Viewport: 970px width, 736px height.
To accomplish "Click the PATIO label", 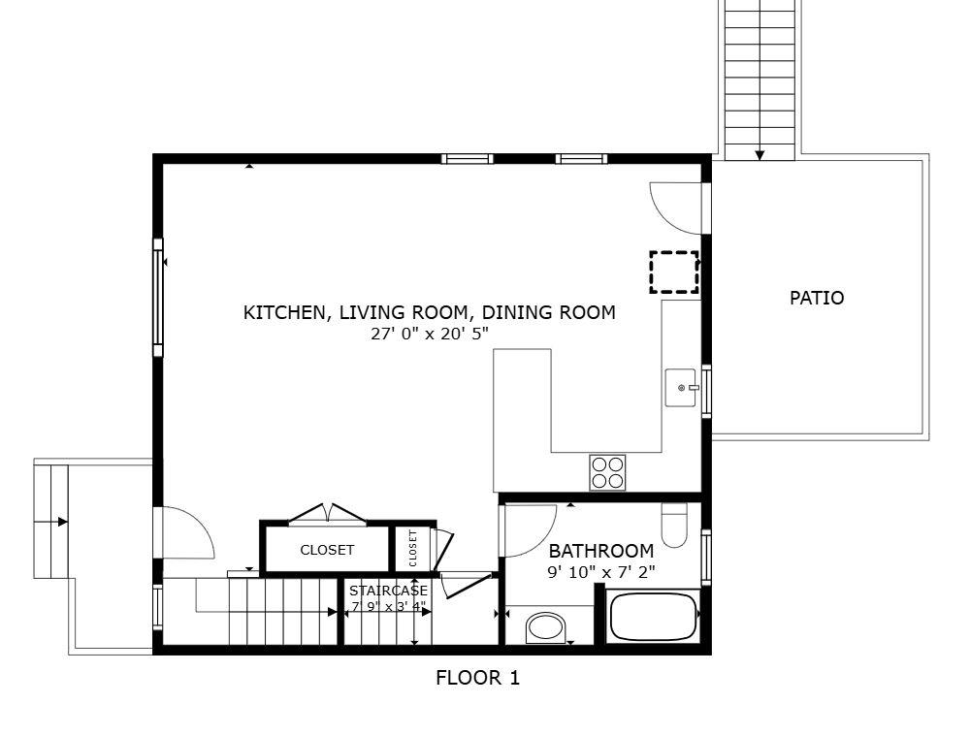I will (816, 298).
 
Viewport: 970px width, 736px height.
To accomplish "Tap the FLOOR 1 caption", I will (477, 678).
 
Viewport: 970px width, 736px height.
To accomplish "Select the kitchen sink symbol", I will (682, 388).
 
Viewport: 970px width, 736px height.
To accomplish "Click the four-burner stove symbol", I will (607, 472).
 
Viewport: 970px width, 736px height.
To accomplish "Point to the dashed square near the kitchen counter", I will (674, 272).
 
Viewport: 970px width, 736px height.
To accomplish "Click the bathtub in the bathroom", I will (654, 617).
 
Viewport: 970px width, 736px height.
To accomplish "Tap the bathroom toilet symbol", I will (674, 525).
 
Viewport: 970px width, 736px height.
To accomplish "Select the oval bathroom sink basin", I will (546, 627).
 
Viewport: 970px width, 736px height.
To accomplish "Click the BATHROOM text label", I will (601, 551).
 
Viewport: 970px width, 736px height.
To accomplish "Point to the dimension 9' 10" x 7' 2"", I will (601, 572).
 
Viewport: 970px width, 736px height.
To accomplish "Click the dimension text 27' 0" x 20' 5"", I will (430, 334).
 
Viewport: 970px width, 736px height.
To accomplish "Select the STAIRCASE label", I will (388, 590).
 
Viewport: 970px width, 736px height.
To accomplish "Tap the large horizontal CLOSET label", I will (327, 550).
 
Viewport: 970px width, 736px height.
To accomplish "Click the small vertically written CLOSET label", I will (412, 548).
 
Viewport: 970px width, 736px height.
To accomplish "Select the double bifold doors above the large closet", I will (329, 513).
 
